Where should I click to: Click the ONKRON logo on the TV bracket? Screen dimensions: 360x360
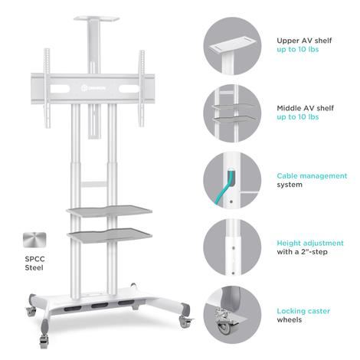click(93, 88)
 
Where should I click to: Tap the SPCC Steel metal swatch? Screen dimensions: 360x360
click(34, 240)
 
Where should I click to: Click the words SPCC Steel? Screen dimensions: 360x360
click(34, 263)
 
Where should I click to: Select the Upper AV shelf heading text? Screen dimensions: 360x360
click(304, 41)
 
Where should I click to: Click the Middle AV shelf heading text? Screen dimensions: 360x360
click(305, 108)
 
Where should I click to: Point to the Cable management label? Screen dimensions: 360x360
click(312, 175)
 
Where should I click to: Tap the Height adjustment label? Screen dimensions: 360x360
click(310, 243)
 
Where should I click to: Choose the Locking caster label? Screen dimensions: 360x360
click(303, 311)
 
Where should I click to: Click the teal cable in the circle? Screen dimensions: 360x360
click(224, 189)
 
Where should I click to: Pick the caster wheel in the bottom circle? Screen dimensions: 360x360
click(224, 327)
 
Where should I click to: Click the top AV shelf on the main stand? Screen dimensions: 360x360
click(97, 19)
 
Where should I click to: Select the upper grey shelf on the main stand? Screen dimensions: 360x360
click(109, 211)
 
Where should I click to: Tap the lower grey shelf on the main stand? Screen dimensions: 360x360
click(110, 235)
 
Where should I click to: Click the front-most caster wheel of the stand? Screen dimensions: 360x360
click(44, 342)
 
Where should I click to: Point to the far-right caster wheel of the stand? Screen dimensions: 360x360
click(185, 322)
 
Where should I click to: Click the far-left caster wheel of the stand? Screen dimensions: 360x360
click(31, 311)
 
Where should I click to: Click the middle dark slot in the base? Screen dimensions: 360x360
click(100, 306)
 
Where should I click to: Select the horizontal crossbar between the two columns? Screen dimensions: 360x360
click(93, 184)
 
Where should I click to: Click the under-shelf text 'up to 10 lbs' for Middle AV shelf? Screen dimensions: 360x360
click(298, 117)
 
